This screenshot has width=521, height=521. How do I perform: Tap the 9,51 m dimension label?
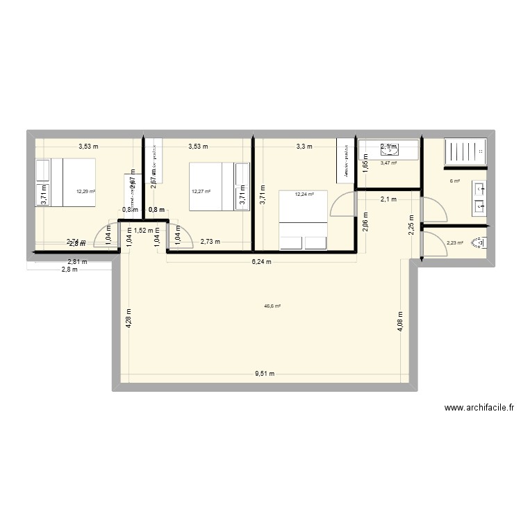[x=265, y=374]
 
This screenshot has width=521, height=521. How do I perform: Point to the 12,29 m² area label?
[x=86, y=191]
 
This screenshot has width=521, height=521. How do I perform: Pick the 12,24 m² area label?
[x=304, y=195]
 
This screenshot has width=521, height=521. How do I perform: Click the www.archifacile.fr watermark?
[x=479, y=408]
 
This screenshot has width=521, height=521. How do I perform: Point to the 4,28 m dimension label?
[x=129, y=319]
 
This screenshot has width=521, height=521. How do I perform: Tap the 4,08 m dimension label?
[x=399, y=322]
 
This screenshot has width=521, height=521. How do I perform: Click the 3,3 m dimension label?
[x=304, y=147]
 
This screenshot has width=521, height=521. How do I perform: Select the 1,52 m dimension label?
[x=144, y=230]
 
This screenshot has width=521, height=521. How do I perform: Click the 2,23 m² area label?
[x=455, y=243]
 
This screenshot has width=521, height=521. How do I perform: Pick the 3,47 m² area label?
[x=388, y=163]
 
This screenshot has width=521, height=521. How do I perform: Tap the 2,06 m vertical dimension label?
[x=365, y=222]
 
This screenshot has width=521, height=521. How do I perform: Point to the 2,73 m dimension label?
[x=210, y=242]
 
